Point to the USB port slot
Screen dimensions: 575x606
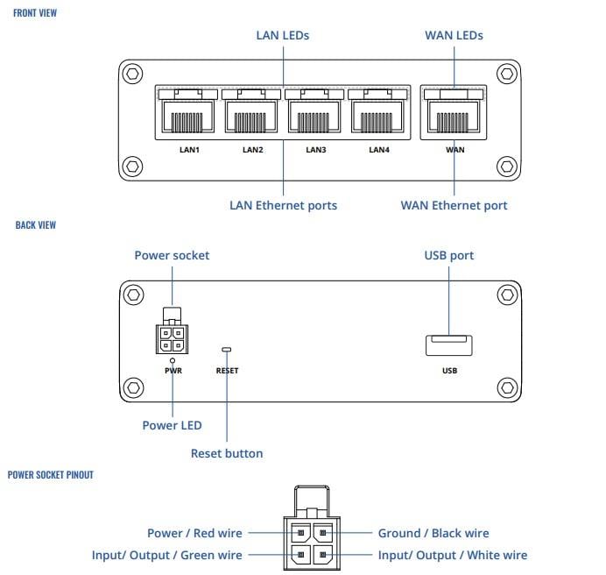point(448,345)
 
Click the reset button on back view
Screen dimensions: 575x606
point(227,350)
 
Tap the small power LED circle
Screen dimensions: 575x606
point(173,360)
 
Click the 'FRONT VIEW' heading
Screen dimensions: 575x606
point(36,14)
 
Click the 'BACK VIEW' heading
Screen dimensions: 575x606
point(36,225)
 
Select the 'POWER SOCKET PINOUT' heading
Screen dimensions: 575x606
point(50,474)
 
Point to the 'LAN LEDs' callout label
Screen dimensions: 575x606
point(282,36)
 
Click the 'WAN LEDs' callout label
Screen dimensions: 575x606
point(454,36)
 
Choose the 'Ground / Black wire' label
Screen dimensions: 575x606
point(433,533)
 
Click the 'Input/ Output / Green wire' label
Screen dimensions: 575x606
point(166,555)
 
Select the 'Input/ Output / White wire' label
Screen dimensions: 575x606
point(452,555)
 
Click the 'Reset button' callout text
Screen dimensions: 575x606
point(226,453)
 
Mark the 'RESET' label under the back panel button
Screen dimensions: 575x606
point(227,371)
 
